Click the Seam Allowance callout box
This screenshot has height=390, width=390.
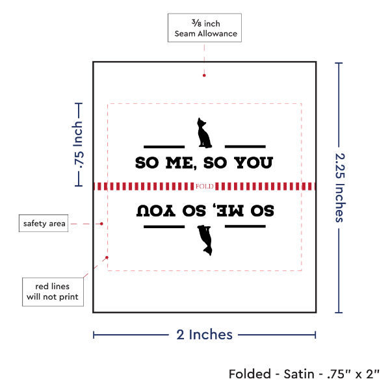[x=204, y=27]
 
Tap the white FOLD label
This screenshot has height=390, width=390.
[x=204, y=187]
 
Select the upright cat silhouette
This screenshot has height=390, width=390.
[x=204, y=132]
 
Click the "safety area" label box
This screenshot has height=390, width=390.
[x=44, y=224]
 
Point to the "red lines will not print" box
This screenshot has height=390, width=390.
[x=53, y=291]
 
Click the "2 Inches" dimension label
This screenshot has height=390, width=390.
[x=204, y=335]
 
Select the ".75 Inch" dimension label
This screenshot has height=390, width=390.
[x=78, y=145]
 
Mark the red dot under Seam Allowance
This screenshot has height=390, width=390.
[x=204, y=75]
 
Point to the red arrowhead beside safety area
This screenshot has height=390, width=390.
[x=101, y=224]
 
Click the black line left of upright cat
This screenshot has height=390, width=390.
[x=164, y=146]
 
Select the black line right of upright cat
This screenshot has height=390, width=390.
[x=244, y=146]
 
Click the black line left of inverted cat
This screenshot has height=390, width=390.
[x=164, y=227]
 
